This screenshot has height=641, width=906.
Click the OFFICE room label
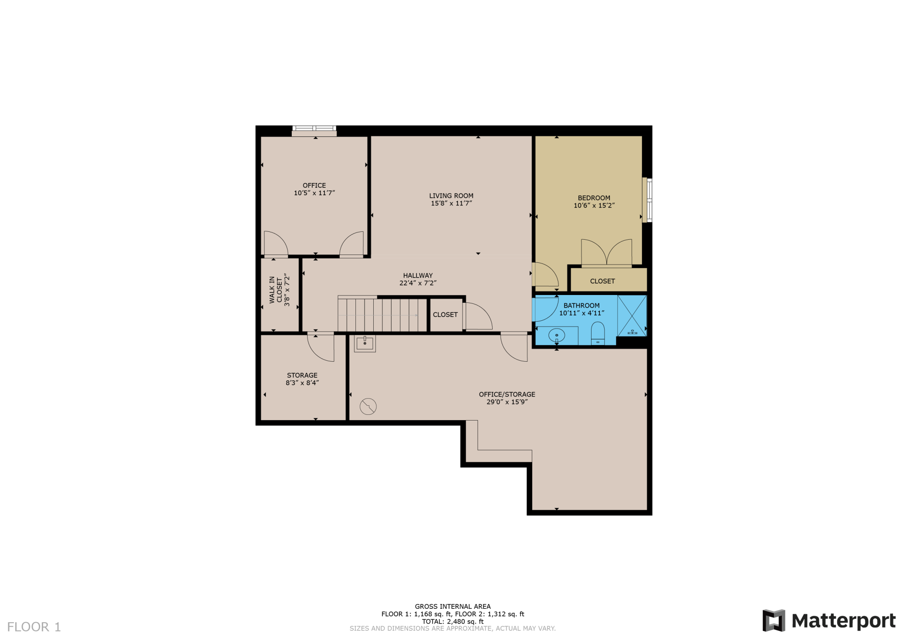[x=314, y=185]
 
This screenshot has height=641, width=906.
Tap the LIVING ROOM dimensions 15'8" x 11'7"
[x=451, y=203]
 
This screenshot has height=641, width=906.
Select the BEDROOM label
[x=594, y=198]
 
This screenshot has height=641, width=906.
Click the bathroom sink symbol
[x=557, y=336]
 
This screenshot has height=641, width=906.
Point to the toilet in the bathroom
[x=598, y=333]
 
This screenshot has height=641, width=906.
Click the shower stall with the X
[x=632, y=316]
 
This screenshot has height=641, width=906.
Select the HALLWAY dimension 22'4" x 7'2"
[x=418, y=283]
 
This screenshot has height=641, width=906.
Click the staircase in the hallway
[x=382, y=315]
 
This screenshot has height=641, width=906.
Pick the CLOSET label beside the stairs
[x=445, y=315]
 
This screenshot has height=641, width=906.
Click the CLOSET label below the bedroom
[x=602, y=281]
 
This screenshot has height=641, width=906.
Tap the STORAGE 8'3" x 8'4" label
[x=302, y=379]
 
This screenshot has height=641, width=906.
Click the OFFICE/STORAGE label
[x=507, y=394]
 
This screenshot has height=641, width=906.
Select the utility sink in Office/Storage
[x=365, y=343]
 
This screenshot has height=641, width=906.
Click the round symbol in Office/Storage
[x=368, y=407]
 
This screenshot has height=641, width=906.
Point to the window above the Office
[x=314, y=129]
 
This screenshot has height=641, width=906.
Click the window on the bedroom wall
[x=648, y=200]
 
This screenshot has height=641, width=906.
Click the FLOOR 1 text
[x=34, y=627]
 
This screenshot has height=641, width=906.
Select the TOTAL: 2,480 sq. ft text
[x=453, y=621]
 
